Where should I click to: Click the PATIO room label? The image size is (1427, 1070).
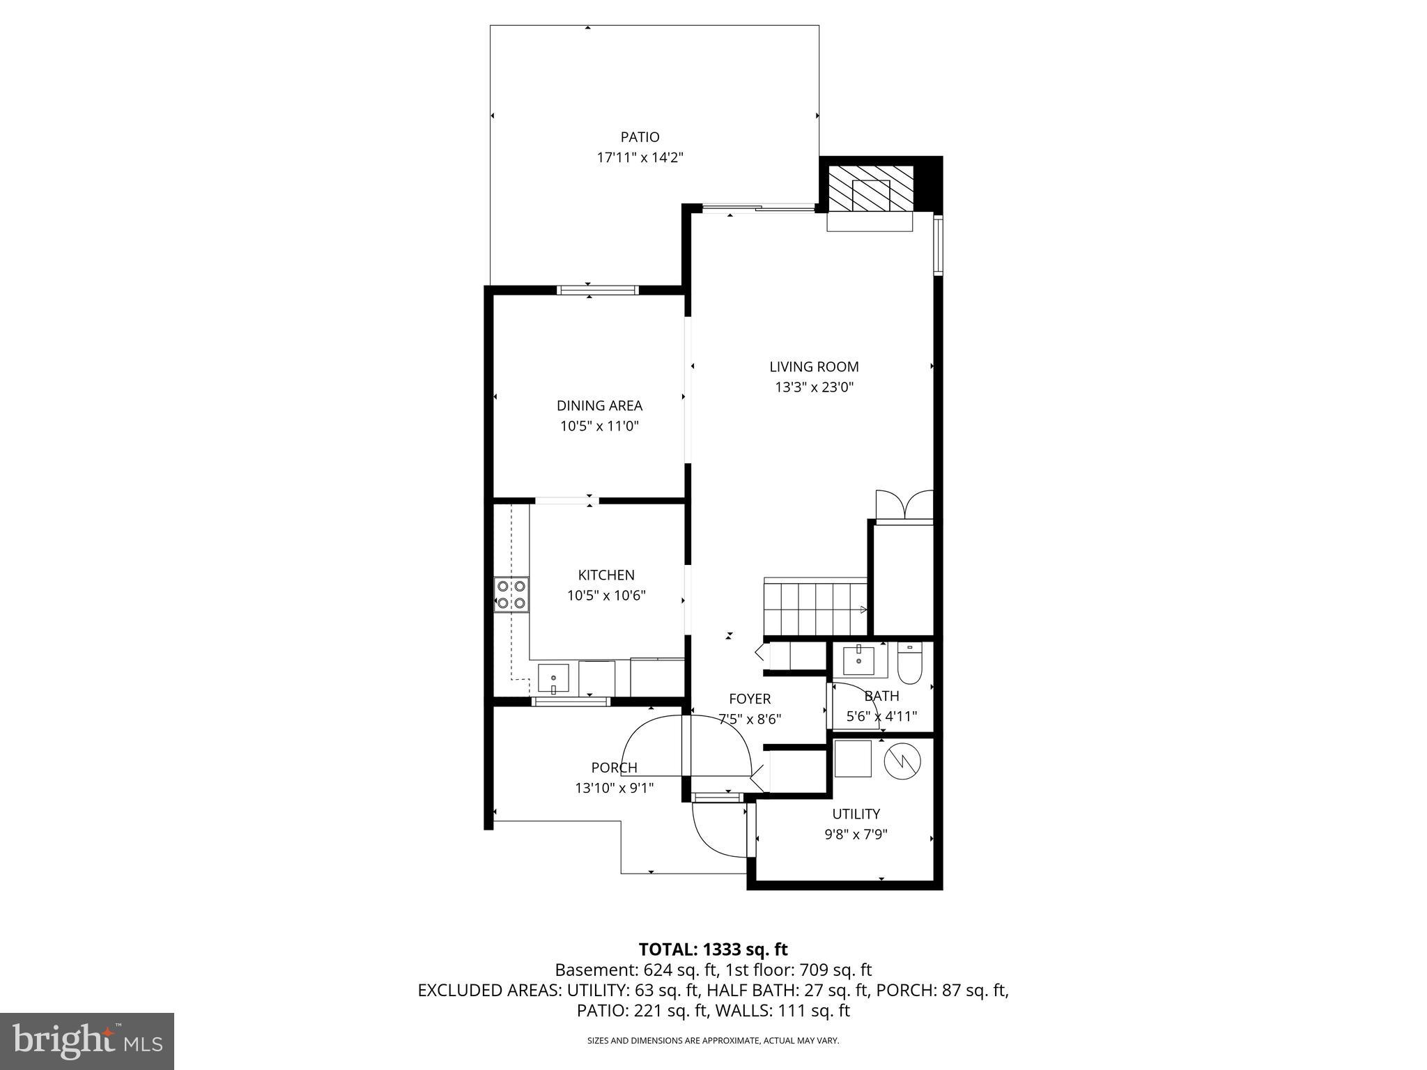point(640,137)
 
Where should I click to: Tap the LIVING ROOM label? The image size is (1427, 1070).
point(814,366)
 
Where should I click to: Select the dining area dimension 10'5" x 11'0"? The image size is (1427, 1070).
point(599,426)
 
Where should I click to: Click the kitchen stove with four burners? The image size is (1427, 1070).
point(511,594)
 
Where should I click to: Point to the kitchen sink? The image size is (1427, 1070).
point(553,679)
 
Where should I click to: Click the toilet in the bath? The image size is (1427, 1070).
point(909,664)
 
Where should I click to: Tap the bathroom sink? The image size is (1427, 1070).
point(859,659)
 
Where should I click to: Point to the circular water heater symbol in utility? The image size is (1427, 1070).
point(902,761)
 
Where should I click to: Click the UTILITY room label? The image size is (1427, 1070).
point(856,814)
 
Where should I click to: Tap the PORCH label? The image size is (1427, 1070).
point(614,768)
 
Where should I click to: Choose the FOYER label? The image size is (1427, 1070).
point(750,699)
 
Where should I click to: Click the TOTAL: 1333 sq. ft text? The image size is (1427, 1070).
point(713,949)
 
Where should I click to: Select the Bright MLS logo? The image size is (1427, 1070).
point(87,1041)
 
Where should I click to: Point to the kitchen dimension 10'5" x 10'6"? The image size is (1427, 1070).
point(606,596)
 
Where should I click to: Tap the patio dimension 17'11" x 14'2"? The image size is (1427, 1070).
point(640,157)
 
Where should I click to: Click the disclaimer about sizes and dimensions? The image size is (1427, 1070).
point(713,1041)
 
